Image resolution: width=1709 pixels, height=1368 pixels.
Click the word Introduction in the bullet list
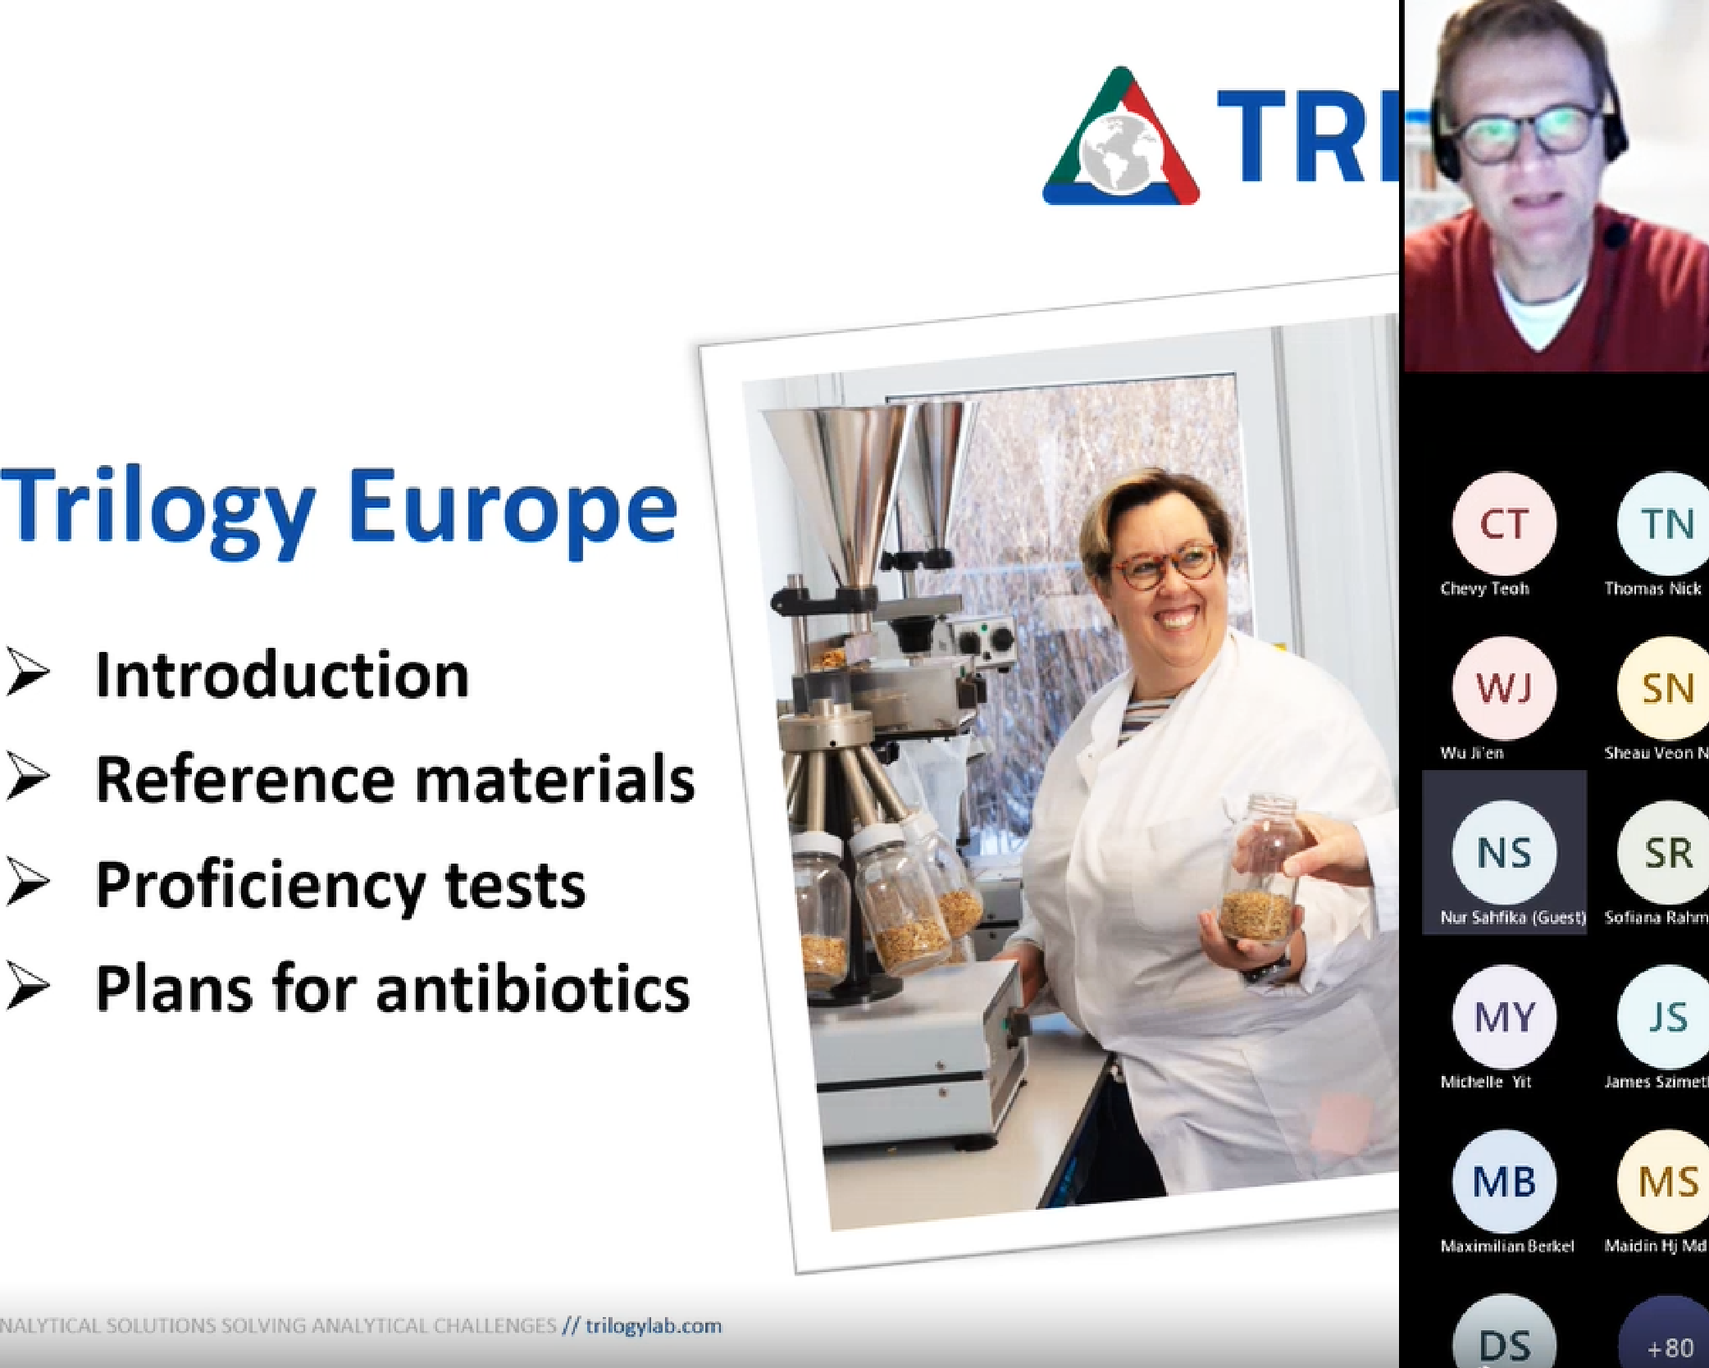282,675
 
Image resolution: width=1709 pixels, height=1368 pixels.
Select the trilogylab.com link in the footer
654,1326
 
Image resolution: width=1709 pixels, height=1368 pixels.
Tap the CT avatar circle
1504,523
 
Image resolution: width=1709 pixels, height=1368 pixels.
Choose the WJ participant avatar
1504,687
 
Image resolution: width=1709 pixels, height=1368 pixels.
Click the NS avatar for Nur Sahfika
1504,852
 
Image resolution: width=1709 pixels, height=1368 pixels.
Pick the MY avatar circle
1504,1017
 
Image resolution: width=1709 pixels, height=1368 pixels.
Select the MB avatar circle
1504,1181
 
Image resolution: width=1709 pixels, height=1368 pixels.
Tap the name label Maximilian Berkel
1507,1246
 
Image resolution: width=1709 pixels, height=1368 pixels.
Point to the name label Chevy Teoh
1484,588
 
